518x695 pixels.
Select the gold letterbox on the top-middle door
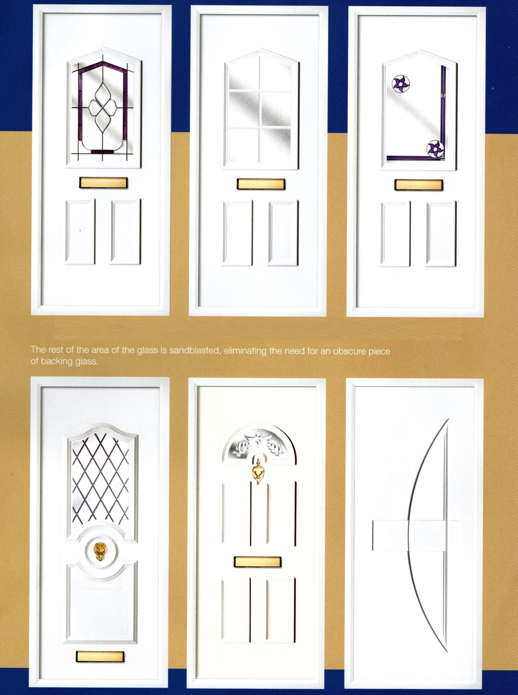pyautogui.click(x=261, y=184)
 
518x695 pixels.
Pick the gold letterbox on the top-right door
pyautogui.click(x=418, y=185)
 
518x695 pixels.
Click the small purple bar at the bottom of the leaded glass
pyautogui.click(x=102, y=152)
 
